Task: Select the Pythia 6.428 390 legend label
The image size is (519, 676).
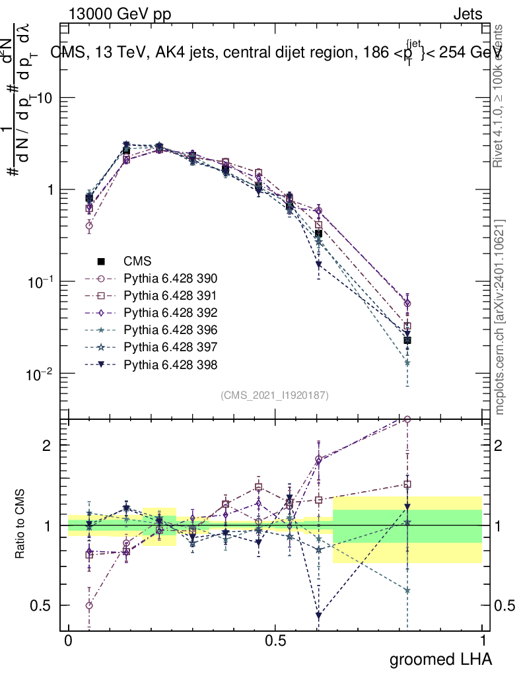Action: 170,279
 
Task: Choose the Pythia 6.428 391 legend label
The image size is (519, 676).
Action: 170,296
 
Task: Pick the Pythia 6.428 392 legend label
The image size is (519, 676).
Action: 170,313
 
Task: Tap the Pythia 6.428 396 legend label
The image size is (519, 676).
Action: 170,330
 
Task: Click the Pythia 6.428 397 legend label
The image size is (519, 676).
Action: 170,347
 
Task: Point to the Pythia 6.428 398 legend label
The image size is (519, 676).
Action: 170,364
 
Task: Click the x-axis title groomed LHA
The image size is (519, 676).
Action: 441,659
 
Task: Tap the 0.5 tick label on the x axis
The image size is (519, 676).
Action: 275,641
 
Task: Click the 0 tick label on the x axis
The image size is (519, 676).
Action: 68,641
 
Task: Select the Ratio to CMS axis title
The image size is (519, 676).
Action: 20,525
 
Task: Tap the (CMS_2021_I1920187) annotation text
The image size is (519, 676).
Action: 275,395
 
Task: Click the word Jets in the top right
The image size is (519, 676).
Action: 467,15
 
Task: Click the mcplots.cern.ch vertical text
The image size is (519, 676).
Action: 500,317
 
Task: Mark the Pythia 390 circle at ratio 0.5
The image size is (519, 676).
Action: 89,605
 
